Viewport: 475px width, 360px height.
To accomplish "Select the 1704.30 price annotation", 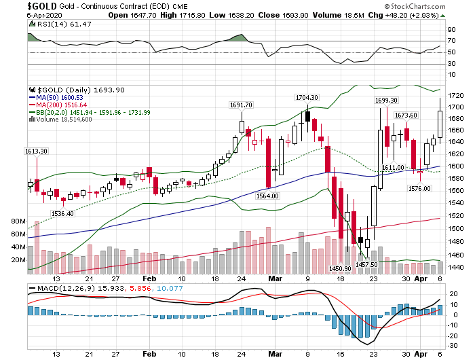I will [307, 98].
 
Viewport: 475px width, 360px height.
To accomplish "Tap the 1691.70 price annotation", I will [242, 105].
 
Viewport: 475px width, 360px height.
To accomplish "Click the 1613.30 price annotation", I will [35, 151].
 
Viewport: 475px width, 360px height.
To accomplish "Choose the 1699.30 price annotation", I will [386, 101].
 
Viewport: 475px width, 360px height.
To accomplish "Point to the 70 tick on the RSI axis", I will [450, 41].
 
